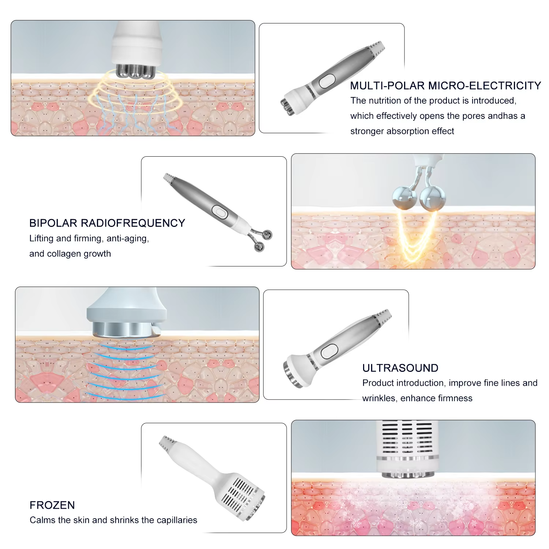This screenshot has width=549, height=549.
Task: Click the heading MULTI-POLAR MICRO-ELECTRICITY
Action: click(x=445, y=86)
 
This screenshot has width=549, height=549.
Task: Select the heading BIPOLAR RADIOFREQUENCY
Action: click(x=107, y=223)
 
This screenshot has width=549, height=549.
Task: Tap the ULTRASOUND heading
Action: click(x=400, y=368)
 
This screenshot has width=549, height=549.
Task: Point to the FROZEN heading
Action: click(x=52, y=505)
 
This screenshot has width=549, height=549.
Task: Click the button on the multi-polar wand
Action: click(x=327, y=81)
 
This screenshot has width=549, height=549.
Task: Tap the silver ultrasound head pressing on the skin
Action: click(x=127, y=329)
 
